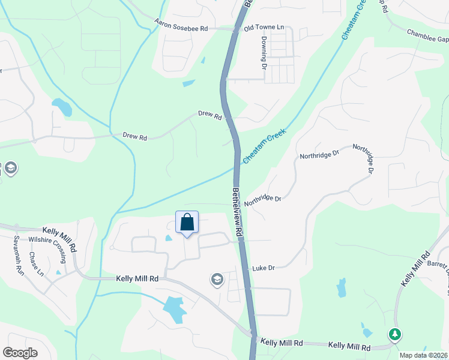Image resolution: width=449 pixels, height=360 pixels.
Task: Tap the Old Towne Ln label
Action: (264, 28)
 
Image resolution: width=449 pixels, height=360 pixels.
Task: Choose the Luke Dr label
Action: (263, 268)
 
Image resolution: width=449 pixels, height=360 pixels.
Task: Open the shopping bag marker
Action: (187, 222)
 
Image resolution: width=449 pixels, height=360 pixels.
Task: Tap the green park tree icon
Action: (394, 334)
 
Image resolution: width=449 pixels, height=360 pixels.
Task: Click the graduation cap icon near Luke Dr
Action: (216, 279)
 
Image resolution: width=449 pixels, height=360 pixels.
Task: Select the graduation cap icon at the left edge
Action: (10, 169)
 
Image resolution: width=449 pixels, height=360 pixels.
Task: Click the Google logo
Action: (20, 353)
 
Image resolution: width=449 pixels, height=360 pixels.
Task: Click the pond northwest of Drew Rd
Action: (62, 107)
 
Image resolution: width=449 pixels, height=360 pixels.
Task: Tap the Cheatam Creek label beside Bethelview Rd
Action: (264, 146)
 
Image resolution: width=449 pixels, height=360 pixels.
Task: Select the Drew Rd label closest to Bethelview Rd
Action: (210, 115)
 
